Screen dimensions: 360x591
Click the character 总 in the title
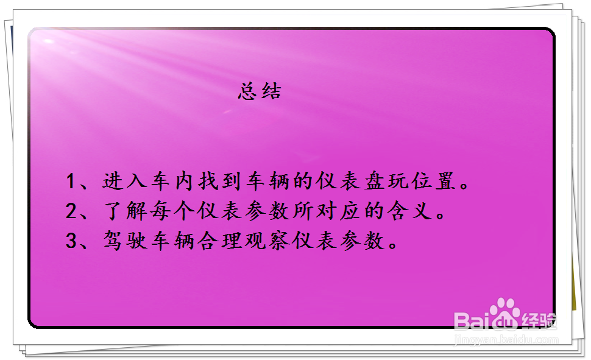point(247,92)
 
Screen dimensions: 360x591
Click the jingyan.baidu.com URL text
point(506,340)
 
